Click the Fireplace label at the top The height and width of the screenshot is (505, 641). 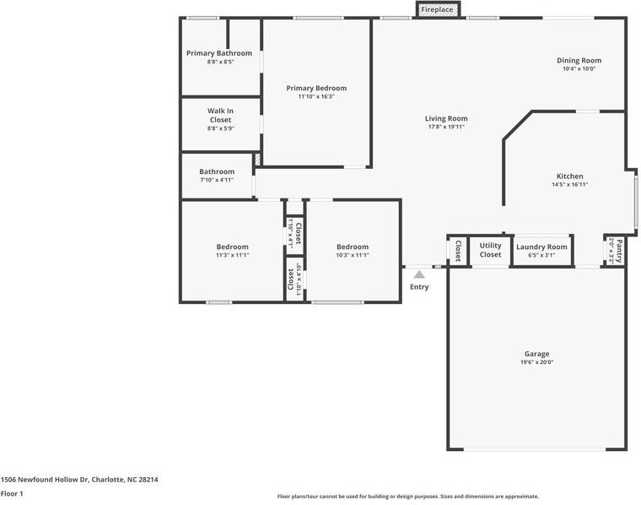438,9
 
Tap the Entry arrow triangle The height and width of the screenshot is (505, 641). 419,274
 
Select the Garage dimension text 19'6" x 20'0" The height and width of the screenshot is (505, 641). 536,362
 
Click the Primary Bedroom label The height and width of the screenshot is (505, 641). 316,88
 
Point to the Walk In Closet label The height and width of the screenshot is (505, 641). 220,115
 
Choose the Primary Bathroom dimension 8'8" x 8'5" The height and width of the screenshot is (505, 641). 220,62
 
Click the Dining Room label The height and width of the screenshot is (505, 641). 579,60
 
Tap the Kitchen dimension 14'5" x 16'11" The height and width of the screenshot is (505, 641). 569,184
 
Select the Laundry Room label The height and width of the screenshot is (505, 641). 541,246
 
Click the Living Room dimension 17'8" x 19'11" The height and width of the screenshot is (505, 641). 446,127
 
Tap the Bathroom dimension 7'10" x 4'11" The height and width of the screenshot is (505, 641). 217,180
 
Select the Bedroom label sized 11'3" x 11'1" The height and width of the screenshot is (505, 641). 232,247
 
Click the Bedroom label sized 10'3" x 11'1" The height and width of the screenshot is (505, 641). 352,247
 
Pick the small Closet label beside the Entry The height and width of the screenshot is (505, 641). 458,250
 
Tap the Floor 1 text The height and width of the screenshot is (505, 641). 12,493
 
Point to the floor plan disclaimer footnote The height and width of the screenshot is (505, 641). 407,497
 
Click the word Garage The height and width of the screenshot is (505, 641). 536,354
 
